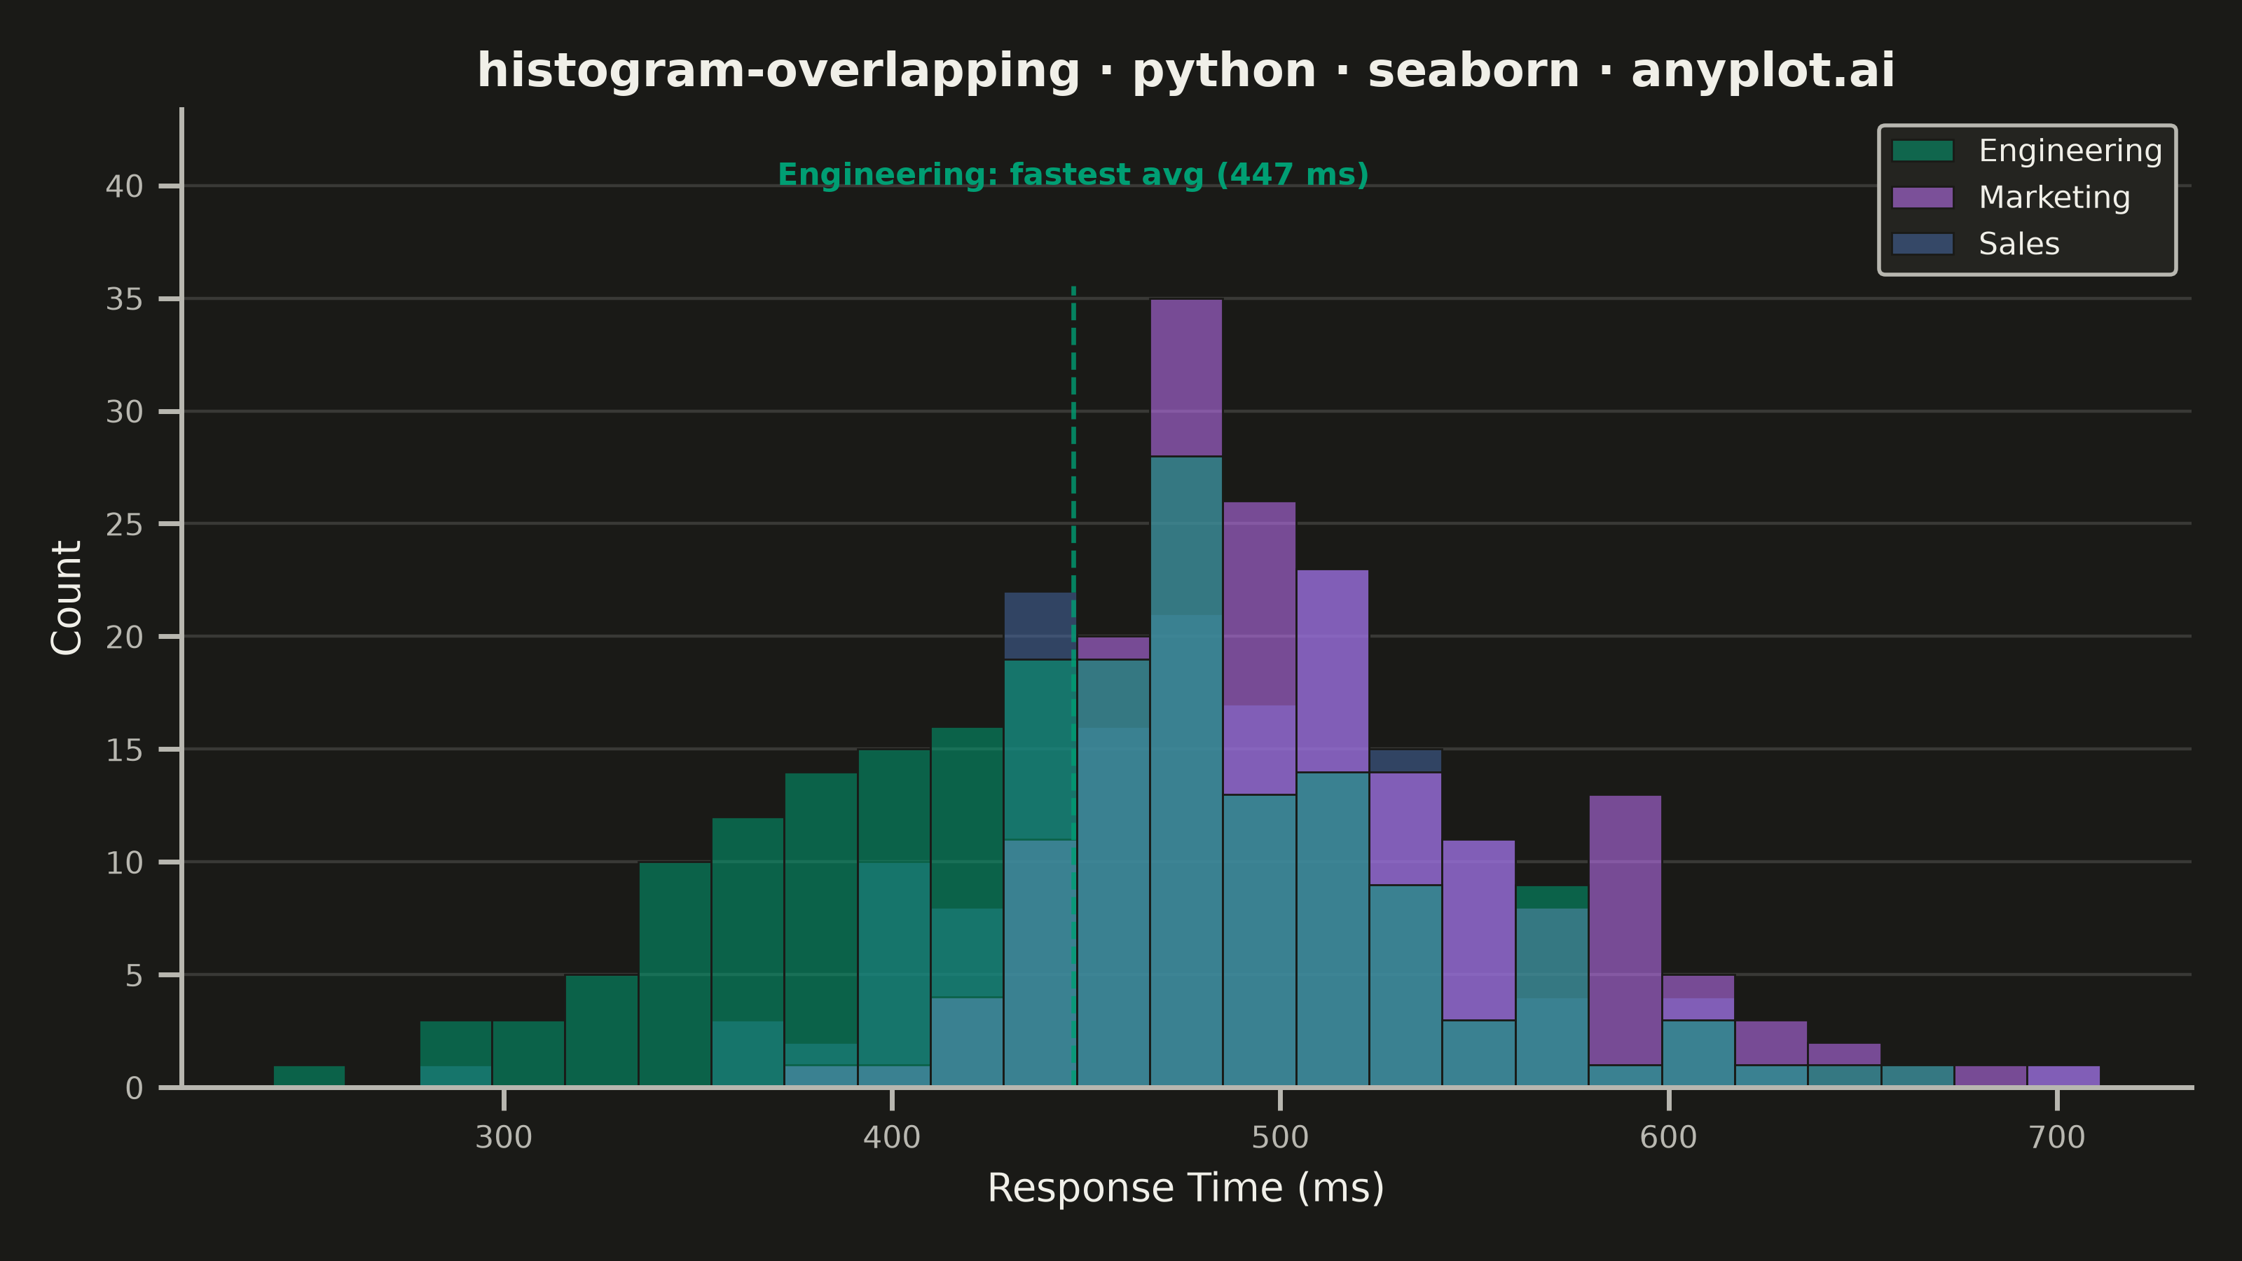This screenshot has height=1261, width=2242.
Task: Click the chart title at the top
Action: point(1185,71)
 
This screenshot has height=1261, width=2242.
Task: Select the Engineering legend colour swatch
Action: point(1923,151)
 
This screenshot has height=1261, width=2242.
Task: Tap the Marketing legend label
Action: point(2054,198)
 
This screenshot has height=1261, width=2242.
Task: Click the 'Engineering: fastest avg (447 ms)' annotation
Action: point(1073,175)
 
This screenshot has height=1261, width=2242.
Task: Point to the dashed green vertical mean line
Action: point(1073,686)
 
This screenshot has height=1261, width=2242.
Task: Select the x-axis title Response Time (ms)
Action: point(1185,1188)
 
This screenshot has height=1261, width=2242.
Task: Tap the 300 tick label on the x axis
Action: point(503,1138)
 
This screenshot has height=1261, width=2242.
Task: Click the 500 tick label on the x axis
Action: point(1280,1138)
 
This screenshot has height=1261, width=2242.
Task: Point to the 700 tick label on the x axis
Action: point(2056,1138)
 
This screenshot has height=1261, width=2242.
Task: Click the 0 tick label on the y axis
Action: point(134,1088)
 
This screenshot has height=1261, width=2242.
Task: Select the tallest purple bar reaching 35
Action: point(1186,378)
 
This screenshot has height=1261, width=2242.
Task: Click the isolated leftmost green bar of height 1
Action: point(309,1077)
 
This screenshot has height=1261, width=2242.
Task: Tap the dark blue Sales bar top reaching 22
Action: point(1039,626)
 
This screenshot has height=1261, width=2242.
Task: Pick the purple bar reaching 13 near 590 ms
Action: point(1625,930)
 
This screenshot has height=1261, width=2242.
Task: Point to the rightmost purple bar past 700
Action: point(2063,1077)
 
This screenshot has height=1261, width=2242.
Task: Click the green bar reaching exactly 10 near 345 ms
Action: point(675,974)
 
